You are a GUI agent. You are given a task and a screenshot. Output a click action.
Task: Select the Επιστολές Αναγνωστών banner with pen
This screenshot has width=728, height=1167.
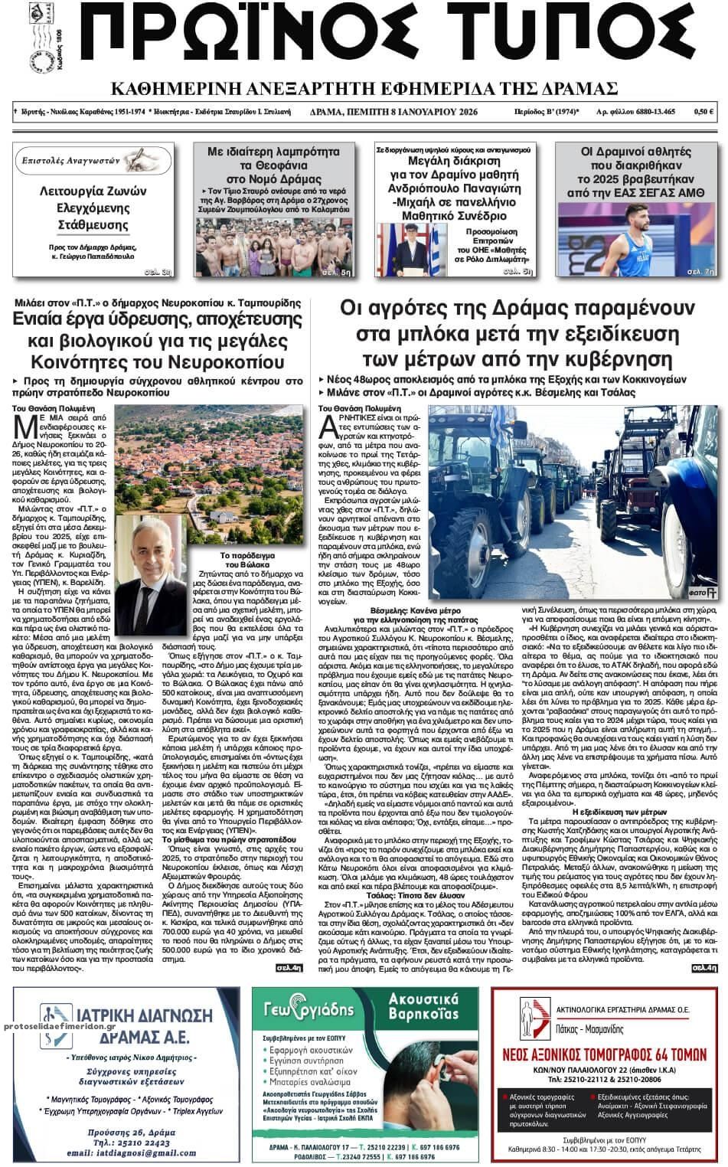pos(91,162)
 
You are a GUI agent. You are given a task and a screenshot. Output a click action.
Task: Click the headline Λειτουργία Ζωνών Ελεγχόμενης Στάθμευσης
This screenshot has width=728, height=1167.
pos(93,208)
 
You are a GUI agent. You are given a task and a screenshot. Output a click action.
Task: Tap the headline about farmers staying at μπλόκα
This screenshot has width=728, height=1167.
pos(517,335)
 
